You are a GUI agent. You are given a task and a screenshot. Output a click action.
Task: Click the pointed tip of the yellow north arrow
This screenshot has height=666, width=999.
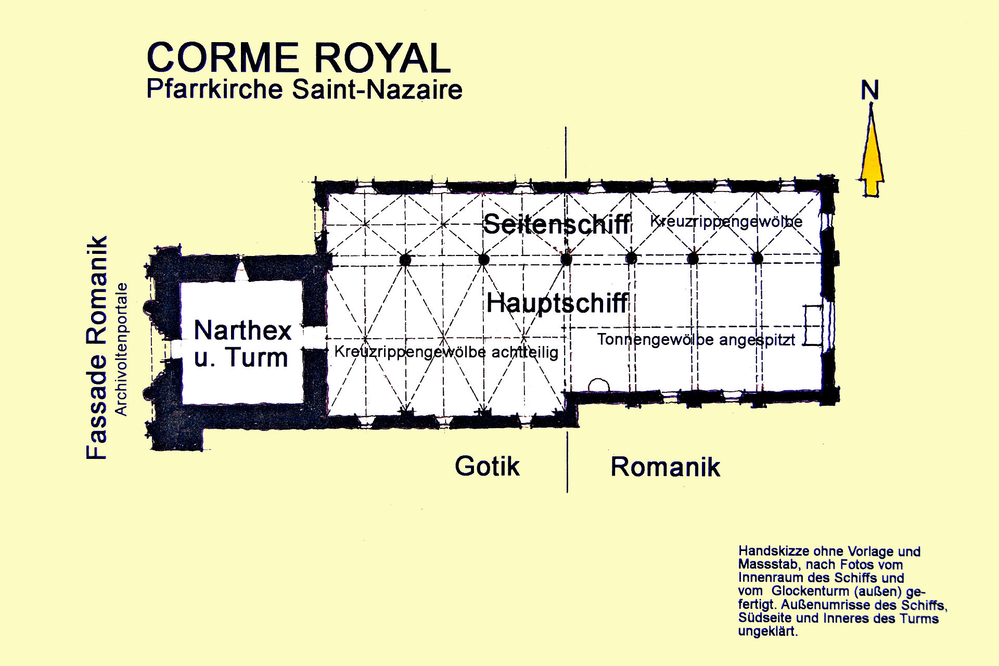tap(870, 104)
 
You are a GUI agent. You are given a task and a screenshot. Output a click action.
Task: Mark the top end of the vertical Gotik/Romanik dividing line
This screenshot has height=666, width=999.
tap(567, 127)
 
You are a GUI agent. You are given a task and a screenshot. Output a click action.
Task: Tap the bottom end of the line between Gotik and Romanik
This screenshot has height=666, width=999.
tap(567, 492)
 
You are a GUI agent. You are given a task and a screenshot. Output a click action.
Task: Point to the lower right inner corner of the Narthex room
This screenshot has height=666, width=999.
tap(303, 403)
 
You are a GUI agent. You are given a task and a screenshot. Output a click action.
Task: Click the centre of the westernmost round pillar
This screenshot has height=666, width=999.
tap(405, 259)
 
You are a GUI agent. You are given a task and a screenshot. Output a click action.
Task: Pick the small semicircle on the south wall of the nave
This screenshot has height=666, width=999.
tap(598, 385)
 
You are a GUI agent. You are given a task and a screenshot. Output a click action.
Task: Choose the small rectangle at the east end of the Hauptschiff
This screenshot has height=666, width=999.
tap(813, 326)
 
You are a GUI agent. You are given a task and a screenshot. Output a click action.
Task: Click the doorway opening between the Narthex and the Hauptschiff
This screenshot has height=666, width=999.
tap(314, 338)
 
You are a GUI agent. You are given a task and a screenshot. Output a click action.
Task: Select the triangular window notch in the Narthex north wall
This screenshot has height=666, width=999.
tap(241, 272)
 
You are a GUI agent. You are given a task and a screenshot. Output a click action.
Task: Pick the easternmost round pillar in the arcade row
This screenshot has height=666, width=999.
tap(758, 258)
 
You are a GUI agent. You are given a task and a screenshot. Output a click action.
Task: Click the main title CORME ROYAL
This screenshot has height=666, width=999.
tap(299, 57)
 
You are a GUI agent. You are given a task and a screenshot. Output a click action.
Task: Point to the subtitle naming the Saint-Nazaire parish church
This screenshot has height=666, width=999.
tap(304, 89)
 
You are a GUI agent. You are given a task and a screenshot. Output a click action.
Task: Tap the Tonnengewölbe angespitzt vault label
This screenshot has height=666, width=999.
tap(696, 340)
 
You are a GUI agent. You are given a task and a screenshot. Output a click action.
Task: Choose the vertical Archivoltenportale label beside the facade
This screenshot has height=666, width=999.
tap(121, 349)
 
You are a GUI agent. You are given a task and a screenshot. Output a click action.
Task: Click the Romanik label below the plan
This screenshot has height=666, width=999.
tap(665, 467)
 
